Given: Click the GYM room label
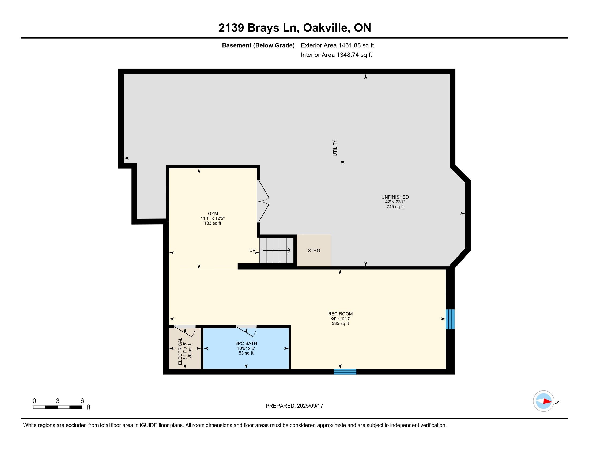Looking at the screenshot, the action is (213, 214).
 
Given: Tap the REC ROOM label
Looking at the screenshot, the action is (340, 314).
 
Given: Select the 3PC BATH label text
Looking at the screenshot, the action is (246, 343).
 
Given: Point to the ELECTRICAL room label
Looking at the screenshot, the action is (180, 351).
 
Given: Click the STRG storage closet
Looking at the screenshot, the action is (314, 251).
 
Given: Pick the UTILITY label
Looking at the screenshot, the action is (335, 148).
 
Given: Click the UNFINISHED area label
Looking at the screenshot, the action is (395, 197).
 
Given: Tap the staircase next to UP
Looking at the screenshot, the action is (277, 251).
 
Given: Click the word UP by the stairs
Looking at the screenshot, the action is (252, 251).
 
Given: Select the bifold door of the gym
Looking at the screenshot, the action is (263, 201).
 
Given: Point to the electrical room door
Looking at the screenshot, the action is (185, 331).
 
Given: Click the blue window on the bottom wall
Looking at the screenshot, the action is (345, 372).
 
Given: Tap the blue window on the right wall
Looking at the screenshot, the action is (450, 319).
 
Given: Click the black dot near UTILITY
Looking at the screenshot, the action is (342, 162).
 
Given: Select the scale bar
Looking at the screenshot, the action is (58, 407).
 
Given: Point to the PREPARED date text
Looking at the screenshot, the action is (294, 406).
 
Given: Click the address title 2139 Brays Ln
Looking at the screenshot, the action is (257, 28).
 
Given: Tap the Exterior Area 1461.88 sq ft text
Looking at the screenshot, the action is (337, 45).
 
